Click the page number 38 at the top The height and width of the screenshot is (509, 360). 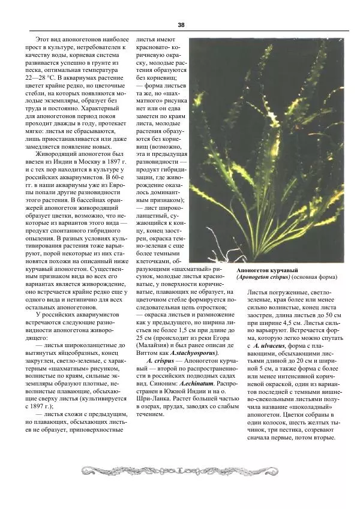point(181,25)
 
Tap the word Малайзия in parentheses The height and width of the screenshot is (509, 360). point(156,345)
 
